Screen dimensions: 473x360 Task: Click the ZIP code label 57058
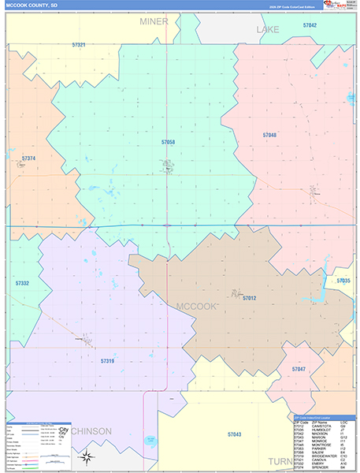tap(168, 142)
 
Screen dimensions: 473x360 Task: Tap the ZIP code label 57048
tap(269, 136)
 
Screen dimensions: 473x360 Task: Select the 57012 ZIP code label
tap(249, 298)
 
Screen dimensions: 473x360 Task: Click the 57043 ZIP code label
tap(235, 434)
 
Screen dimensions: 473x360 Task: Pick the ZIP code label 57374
tap(28, 158)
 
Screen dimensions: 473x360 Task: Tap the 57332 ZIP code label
tap(22, 282)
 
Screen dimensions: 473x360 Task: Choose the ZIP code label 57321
tap(78, 45)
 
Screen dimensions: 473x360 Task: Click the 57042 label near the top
tap(310, 26)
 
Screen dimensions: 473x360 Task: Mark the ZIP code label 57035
tap(343, 281)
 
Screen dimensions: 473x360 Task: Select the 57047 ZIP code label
tap(299, 369)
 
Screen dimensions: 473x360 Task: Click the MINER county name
tap(154, 21)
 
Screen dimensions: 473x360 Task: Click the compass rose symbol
tap(88, 457)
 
